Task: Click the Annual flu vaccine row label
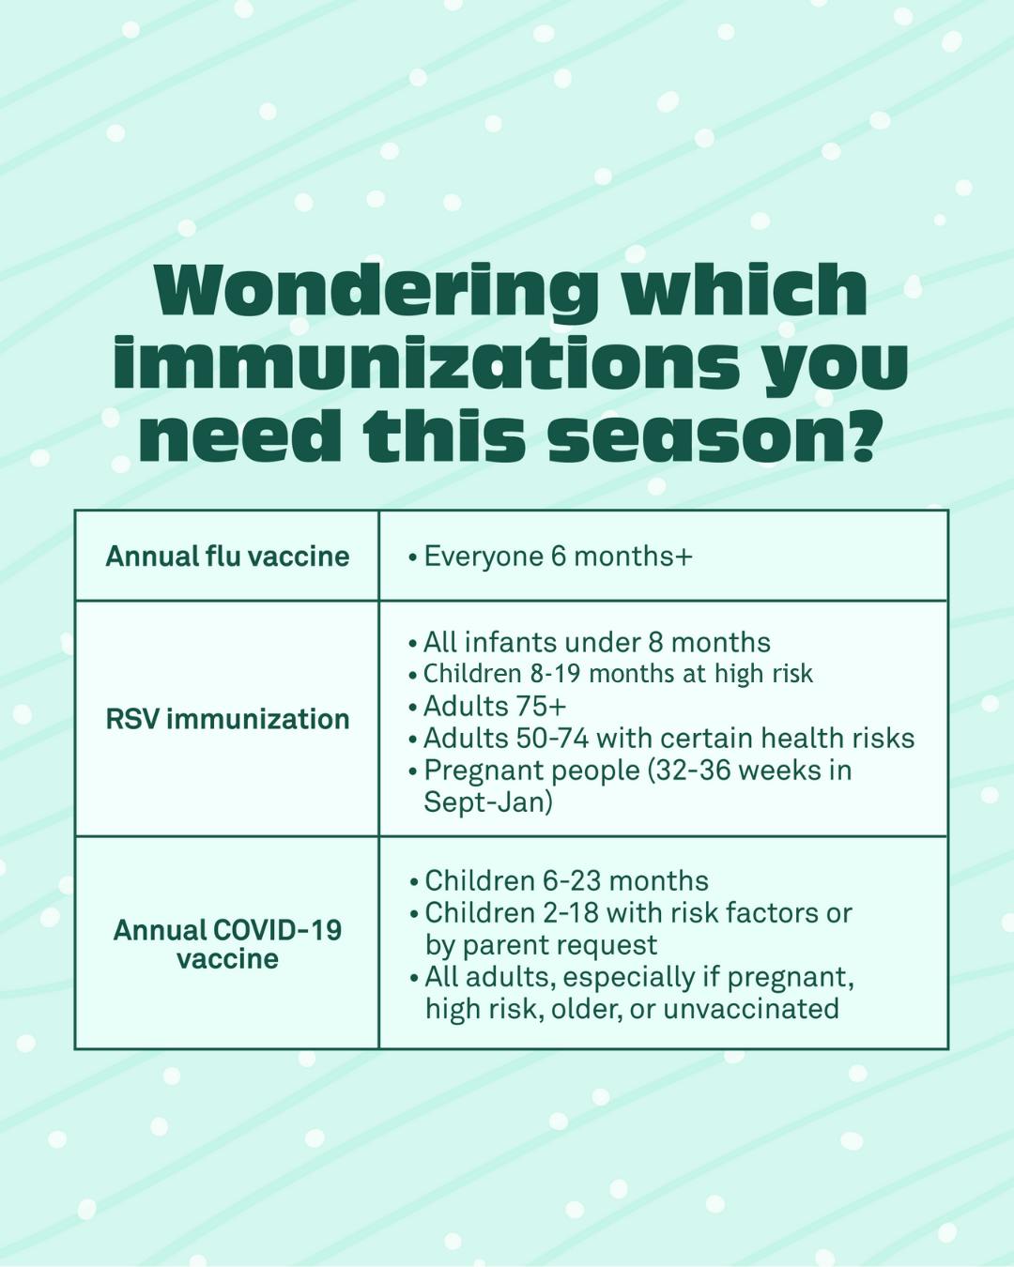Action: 227,556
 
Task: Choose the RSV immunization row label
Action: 227,719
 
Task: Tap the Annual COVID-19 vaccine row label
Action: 227,944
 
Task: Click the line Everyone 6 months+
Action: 558,556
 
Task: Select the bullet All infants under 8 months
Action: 596,642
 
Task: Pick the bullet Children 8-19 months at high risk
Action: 617,674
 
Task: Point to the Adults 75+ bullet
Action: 495,706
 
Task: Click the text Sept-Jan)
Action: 488,802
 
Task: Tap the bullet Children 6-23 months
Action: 566,880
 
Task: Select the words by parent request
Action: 542,944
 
